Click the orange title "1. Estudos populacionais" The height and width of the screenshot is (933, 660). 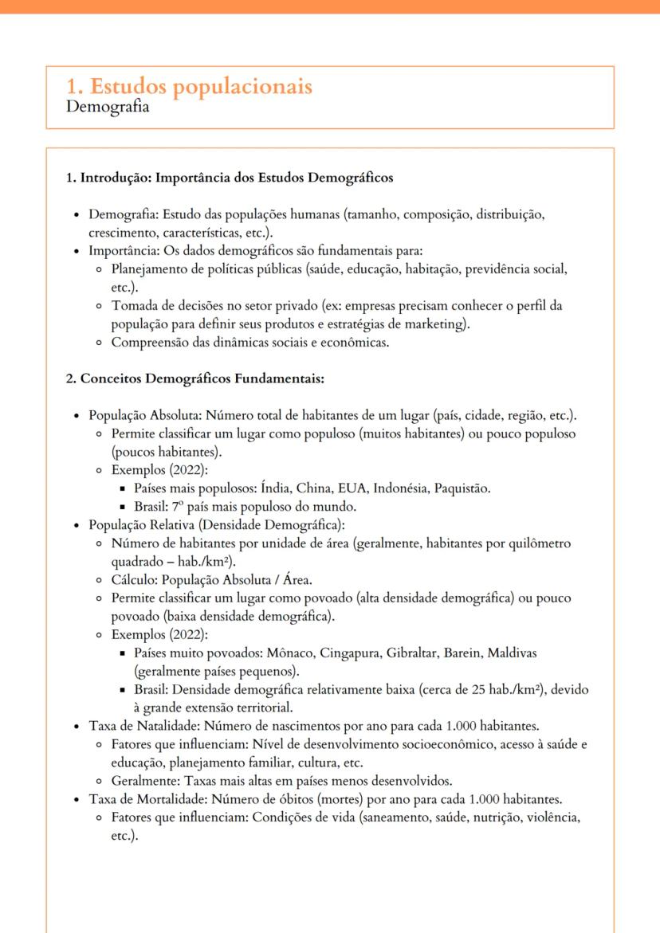coord(189,86)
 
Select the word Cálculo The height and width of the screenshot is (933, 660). coord(136,579)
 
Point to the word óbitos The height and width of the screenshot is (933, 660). coord(322,800)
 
